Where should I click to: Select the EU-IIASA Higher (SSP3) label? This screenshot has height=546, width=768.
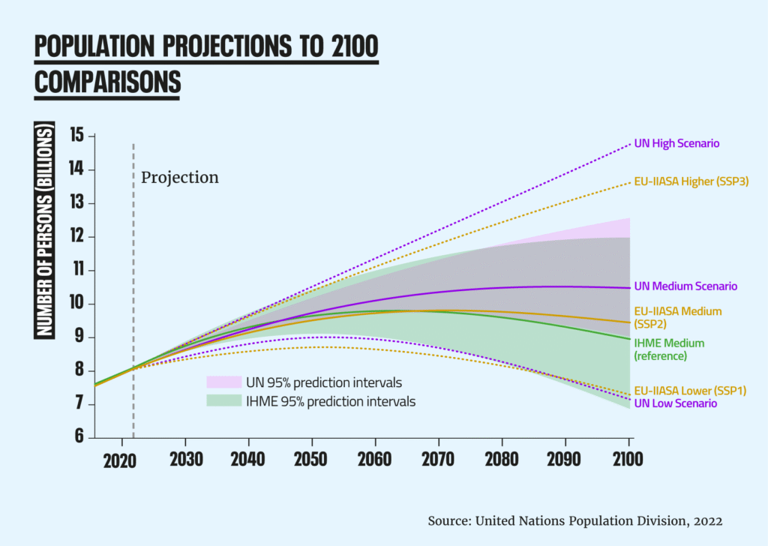click(x=691, y=181)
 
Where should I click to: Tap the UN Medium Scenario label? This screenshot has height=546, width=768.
click(x=685, y=286)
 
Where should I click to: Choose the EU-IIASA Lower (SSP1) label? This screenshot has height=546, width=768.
click(x=690, y=390)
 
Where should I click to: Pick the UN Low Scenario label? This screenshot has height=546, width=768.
click(x=675, y=403)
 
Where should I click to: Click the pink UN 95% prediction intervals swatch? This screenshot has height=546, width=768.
click(x=223, y=382)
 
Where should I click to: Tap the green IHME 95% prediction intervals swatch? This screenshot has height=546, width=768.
click(x=223, y=401)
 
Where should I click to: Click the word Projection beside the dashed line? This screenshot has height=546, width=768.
click(x=180, y=178)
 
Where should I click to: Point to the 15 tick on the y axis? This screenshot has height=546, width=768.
click(x=76, y=136)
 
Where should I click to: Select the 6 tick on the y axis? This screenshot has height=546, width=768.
click(x=78, y=438)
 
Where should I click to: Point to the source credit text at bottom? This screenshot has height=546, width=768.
click(x=575, y=520)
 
